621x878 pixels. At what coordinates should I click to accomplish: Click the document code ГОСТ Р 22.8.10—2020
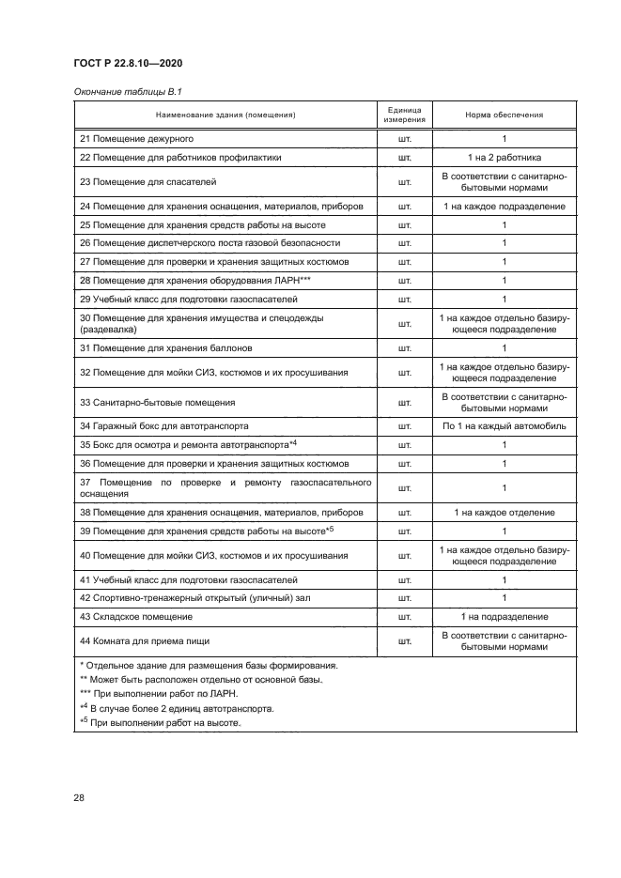128,63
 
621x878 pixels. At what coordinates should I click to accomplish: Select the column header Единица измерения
405,115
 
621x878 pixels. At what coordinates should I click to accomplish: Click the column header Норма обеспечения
504,115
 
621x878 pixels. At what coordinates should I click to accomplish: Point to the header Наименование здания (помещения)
225,115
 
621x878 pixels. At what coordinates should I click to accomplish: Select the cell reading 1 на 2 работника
504,157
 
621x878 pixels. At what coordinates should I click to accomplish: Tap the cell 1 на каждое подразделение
504,206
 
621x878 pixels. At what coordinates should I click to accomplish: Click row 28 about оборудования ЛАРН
195,280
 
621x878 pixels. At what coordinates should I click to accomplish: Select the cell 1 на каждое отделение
504,512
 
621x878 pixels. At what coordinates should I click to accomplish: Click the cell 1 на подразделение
504,616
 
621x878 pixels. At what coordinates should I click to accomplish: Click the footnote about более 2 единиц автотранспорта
170,709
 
